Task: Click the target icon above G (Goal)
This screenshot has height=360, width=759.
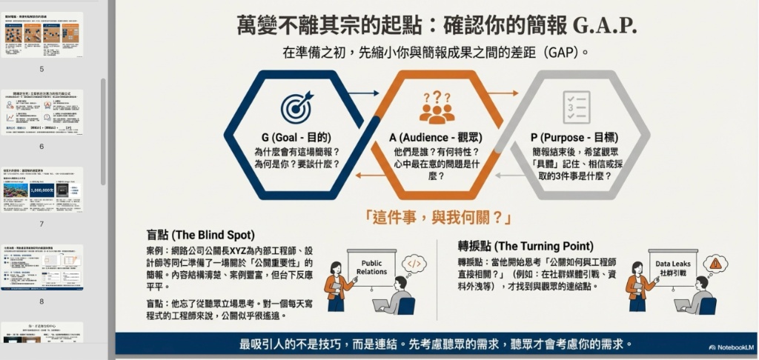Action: (x=296, y=107)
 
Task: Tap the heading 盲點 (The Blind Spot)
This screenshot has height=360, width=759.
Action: (x=201, y=235)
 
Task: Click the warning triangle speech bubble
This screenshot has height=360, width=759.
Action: (x=715, y=262)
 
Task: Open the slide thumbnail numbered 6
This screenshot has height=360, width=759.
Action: (x=42, y=112)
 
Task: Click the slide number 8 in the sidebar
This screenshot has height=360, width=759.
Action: (x=42, y=301)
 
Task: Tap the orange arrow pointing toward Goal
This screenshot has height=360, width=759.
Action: (x=365, y=176)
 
